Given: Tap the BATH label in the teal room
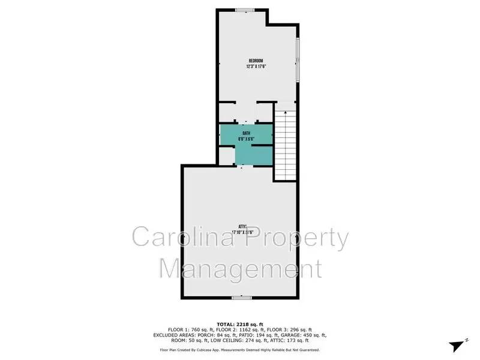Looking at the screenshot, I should [246, 133].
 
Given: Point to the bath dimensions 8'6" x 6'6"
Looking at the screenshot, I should [246, 139].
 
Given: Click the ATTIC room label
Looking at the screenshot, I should [242, 226].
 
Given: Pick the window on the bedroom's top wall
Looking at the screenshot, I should [244, 9].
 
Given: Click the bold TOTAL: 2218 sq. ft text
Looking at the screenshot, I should [240, 323].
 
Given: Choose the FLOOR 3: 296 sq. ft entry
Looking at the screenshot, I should [290, 329].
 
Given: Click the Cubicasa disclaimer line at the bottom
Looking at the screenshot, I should [240, 349].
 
